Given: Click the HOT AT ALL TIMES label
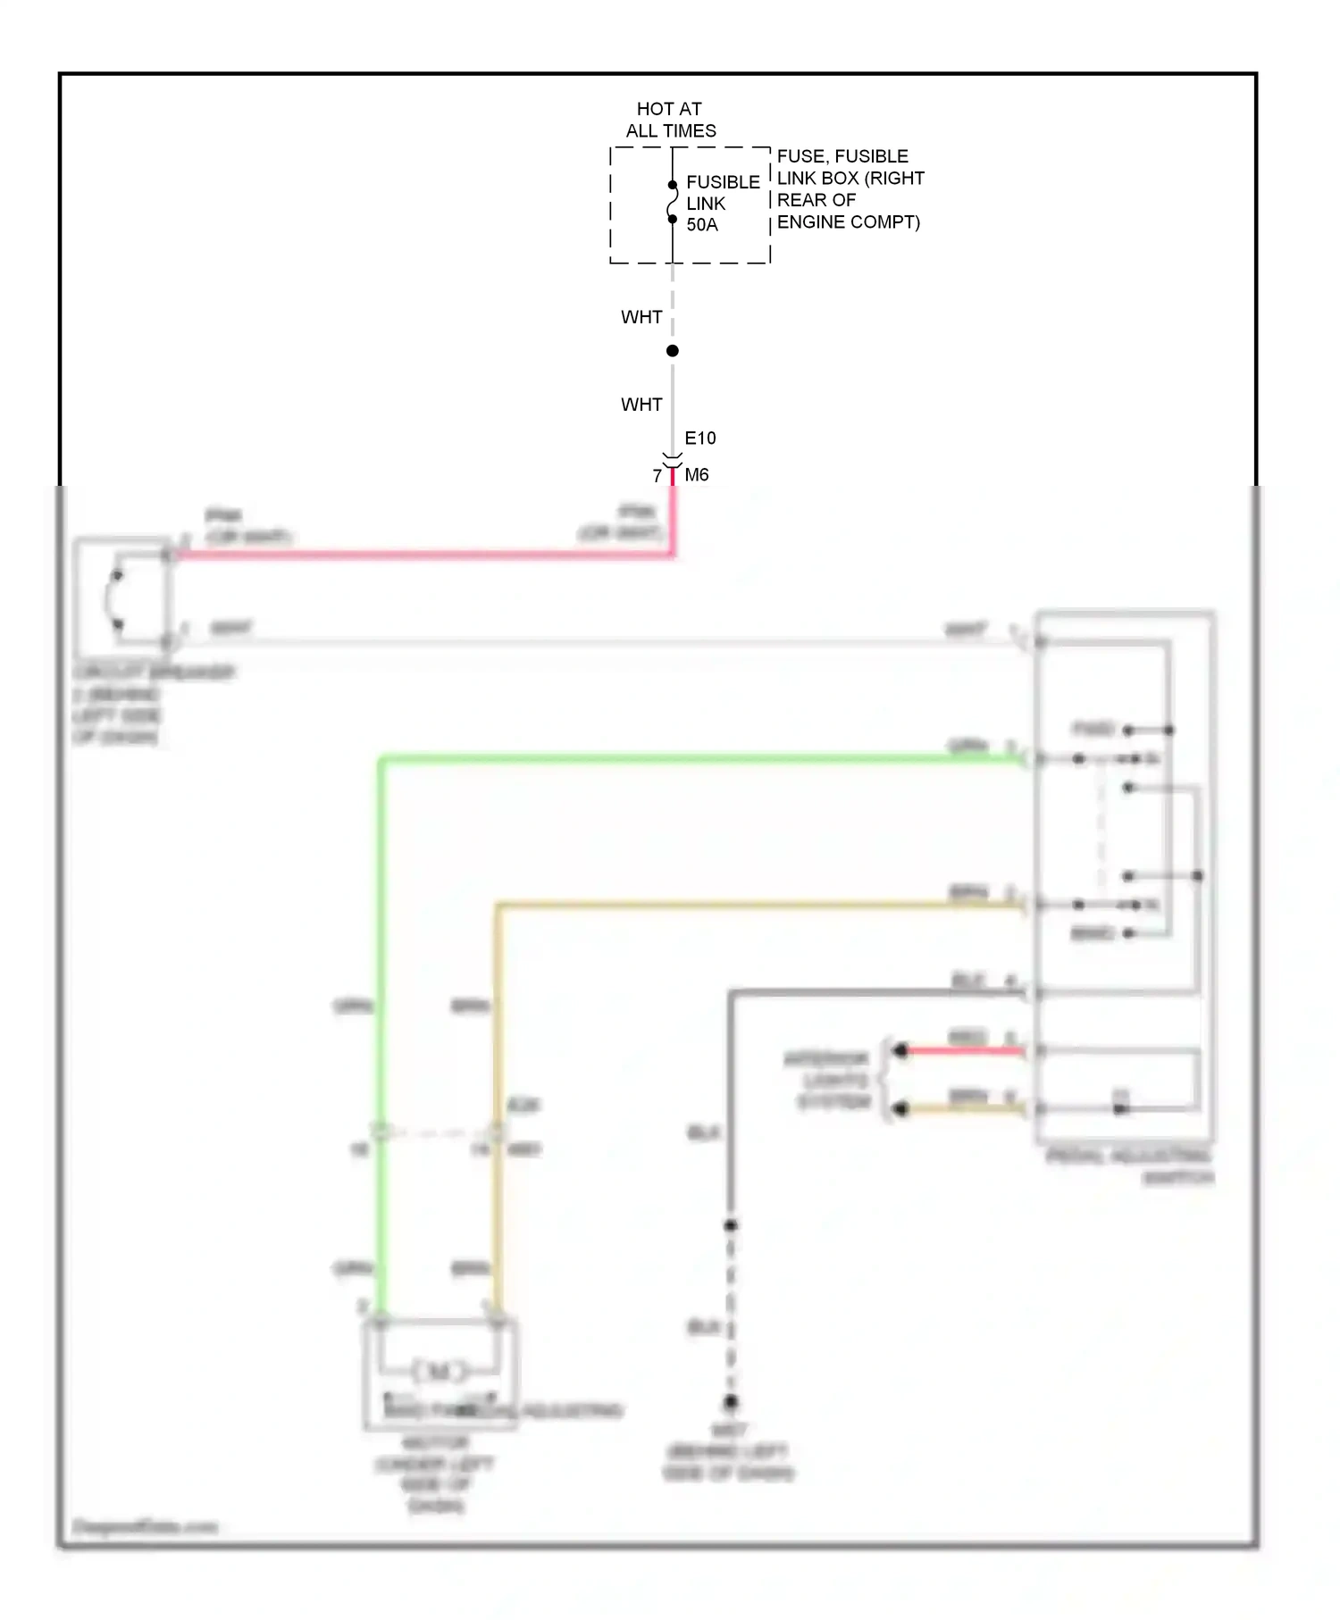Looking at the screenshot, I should (x=670, y=120).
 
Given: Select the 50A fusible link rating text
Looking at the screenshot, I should (x=702, y=225).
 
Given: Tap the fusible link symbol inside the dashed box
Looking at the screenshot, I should (x=672, y=202).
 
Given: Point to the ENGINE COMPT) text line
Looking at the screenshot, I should (x=848, y=222).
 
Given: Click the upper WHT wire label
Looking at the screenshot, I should (x=641, y=317).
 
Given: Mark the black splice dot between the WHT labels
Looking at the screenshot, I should (x=673, y=351).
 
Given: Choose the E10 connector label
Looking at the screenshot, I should (x=700, y=438).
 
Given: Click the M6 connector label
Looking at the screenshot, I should (x=697, y=475).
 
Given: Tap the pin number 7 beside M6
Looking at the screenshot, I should (x=657, y=476).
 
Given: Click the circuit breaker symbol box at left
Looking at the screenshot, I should (x=122, y=597).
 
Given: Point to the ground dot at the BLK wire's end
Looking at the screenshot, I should (x=731, y=1402).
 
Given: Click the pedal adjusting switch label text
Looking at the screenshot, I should (x=1130, y=1166).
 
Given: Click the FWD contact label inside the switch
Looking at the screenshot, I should (x=1093, y=730).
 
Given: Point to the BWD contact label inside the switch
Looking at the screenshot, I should (x=1093, y=933).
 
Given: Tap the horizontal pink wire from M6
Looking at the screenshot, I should (x=420, y=555).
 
